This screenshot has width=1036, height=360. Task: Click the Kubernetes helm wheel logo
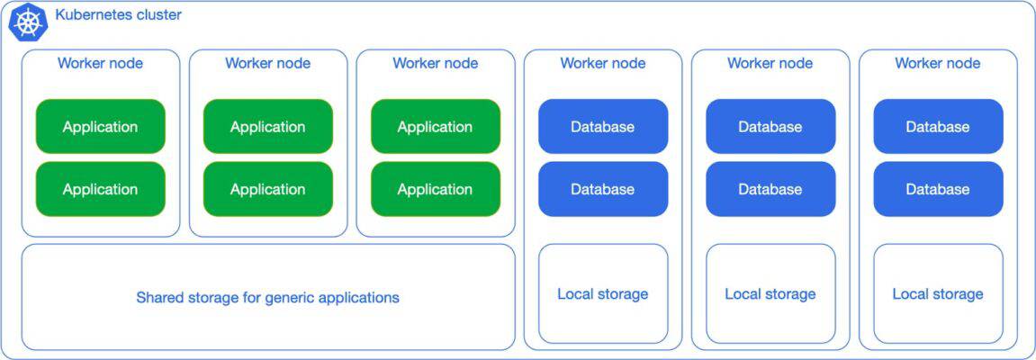[27, 22]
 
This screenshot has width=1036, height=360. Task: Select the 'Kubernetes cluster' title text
[118, 15]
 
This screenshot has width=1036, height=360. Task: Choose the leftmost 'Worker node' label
[100, 63]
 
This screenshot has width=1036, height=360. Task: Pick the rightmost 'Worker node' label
[937, 63]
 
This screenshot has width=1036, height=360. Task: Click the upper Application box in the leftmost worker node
[100, 127]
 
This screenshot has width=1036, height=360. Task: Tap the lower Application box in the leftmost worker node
[100, 189]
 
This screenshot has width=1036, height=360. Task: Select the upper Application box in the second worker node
[267, 127]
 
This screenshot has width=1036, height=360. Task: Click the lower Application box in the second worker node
[267, 189]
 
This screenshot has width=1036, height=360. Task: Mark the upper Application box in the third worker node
[435, 127]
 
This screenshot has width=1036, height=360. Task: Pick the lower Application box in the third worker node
[435, 189]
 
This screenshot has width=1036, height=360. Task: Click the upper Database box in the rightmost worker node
[937, 127]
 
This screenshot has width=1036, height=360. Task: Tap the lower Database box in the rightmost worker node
[937, 189]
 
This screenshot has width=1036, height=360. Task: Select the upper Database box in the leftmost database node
[602, 127]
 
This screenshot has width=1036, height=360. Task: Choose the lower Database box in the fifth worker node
[770, 189]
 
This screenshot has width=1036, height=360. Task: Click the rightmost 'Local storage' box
[937, 294]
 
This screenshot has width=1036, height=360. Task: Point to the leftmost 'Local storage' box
[602, 294]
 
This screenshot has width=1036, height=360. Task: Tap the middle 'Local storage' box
[770, 294]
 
